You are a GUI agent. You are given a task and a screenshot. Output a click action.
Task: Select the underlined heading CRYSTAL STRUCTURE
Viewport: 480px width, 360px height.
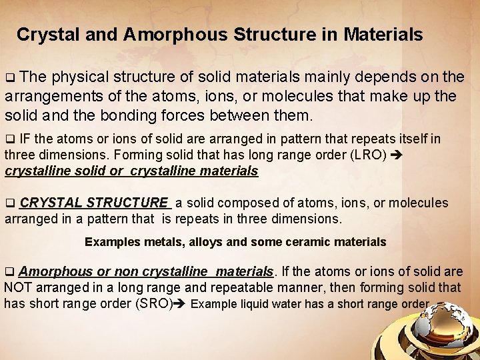coord(94,202)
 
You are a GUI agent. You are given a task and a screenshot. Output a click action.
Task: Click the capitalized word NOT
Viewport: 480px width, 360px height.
coord(19,287)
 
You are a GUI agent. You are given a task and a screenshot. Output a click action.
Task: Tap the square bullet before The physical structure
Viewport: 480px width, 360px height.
coord(9,78)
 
